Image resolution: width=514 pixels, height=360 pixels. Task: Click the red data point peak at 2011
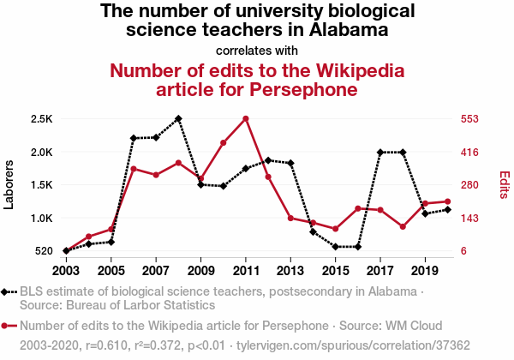[246, 118]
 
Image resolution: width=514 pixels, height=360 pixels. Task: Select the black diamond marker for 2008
[178, 118]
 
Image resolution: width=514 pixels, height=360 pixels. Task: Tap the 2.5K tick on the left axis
[40, 119]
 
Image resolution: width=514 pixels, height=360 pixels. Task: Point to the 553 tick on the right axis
[475, 119]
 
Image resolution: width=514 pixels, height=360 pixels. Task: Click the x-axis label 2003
[66, 272]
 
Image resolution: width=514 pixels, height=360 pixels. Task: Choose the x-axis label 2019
[426, 272]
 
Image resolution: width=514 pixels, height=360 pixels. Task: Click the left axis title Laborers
[9, 183]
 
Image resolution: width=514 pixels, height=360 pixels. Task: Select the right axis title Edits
[505, 185]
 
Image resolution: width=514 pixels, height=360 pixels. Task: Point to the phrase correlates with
[257, 50]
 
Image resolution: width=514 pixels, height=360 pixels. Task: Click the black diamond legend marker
[7, 292]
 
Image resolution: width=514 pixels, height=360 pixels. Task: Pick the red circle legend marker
[7, 326]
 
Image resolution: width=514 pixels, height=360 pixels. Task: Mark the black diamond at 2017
[380, 153]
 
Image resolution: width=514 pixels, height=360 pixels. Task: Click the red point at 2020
[448, 201]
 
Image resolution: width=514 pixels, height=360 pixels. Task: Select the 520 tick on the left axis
[42, 251]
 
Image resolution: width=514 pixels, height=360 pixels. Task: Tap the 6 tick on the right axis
[463, 251]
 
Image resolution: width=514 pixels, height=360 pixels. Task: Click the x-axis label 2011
[246, 272]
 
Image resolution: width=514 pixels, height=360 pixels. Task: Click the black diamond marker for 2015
[336, 247]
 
